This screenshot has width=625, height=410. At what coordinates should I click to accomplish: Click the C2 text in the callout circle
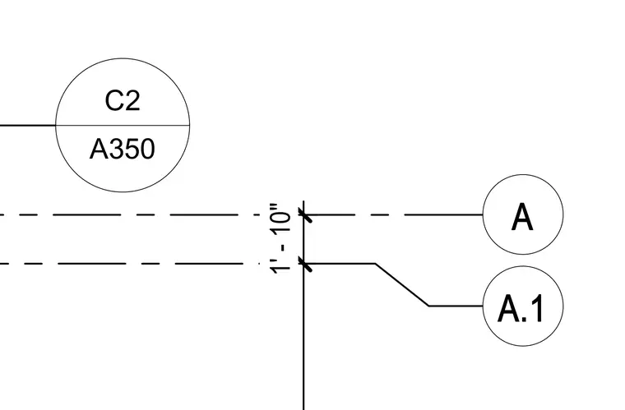[x=123, y=100]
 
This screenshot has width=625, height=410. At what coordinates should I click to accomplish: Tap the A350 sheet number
[x=122, y=149]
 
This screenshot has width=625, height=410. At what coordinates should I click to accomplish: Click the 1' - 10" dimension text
[x=280, y=239]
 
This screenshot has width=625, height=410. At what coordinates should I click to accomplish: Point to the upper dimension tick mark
[x=306, y=215]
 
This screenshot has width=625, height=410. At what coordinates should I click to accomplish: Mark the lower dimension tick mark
[x=306, y=264]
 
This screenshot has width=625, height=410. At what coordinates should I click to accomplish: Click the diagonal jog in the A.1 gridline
[x=402, y=284]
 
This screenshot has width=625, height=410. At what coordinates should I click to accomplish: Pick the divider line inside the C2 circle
[x=123, y=126]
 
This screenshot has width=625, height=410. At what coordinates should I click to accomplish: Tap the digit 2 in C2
[x=132, y=100]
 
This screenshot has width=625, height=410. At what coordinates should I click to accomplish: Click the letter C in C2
[x=114, y=101]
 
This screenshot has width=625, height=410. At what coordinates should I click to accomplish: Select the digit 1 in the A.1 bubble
[x=536, y=308]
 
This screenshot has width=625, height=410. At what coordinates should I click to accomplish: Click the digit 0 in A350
[x=147, y=150]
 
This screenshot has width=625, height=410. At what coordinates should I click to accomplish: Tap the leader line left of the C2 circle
[x=28, y=126]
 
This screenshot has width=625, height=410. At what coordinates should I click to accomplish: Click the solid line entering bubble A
[x=443, y=215]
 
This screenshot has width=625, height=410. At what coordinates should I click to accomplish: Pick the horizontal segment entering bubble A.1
[x=456, y=306]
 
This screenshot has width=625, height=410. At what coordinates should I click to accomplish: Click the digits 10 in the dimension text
[x=281, y=223]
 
